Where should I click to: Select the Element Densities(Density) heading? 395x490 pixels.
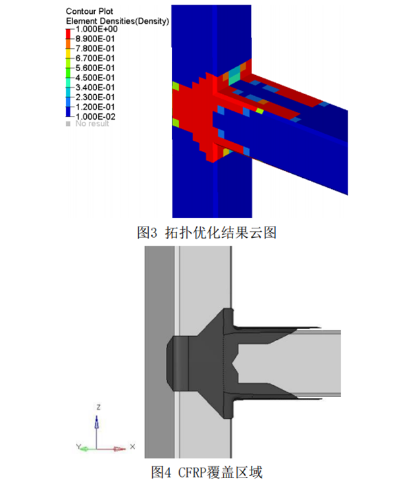118,21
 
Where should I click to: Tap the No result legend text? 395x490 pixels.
93,124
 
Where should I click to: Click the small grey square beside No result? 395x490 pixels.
68,124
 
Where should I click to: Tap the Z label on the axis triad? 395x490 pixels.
97,408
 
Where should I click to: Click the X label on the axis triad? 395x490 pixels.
132,446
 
